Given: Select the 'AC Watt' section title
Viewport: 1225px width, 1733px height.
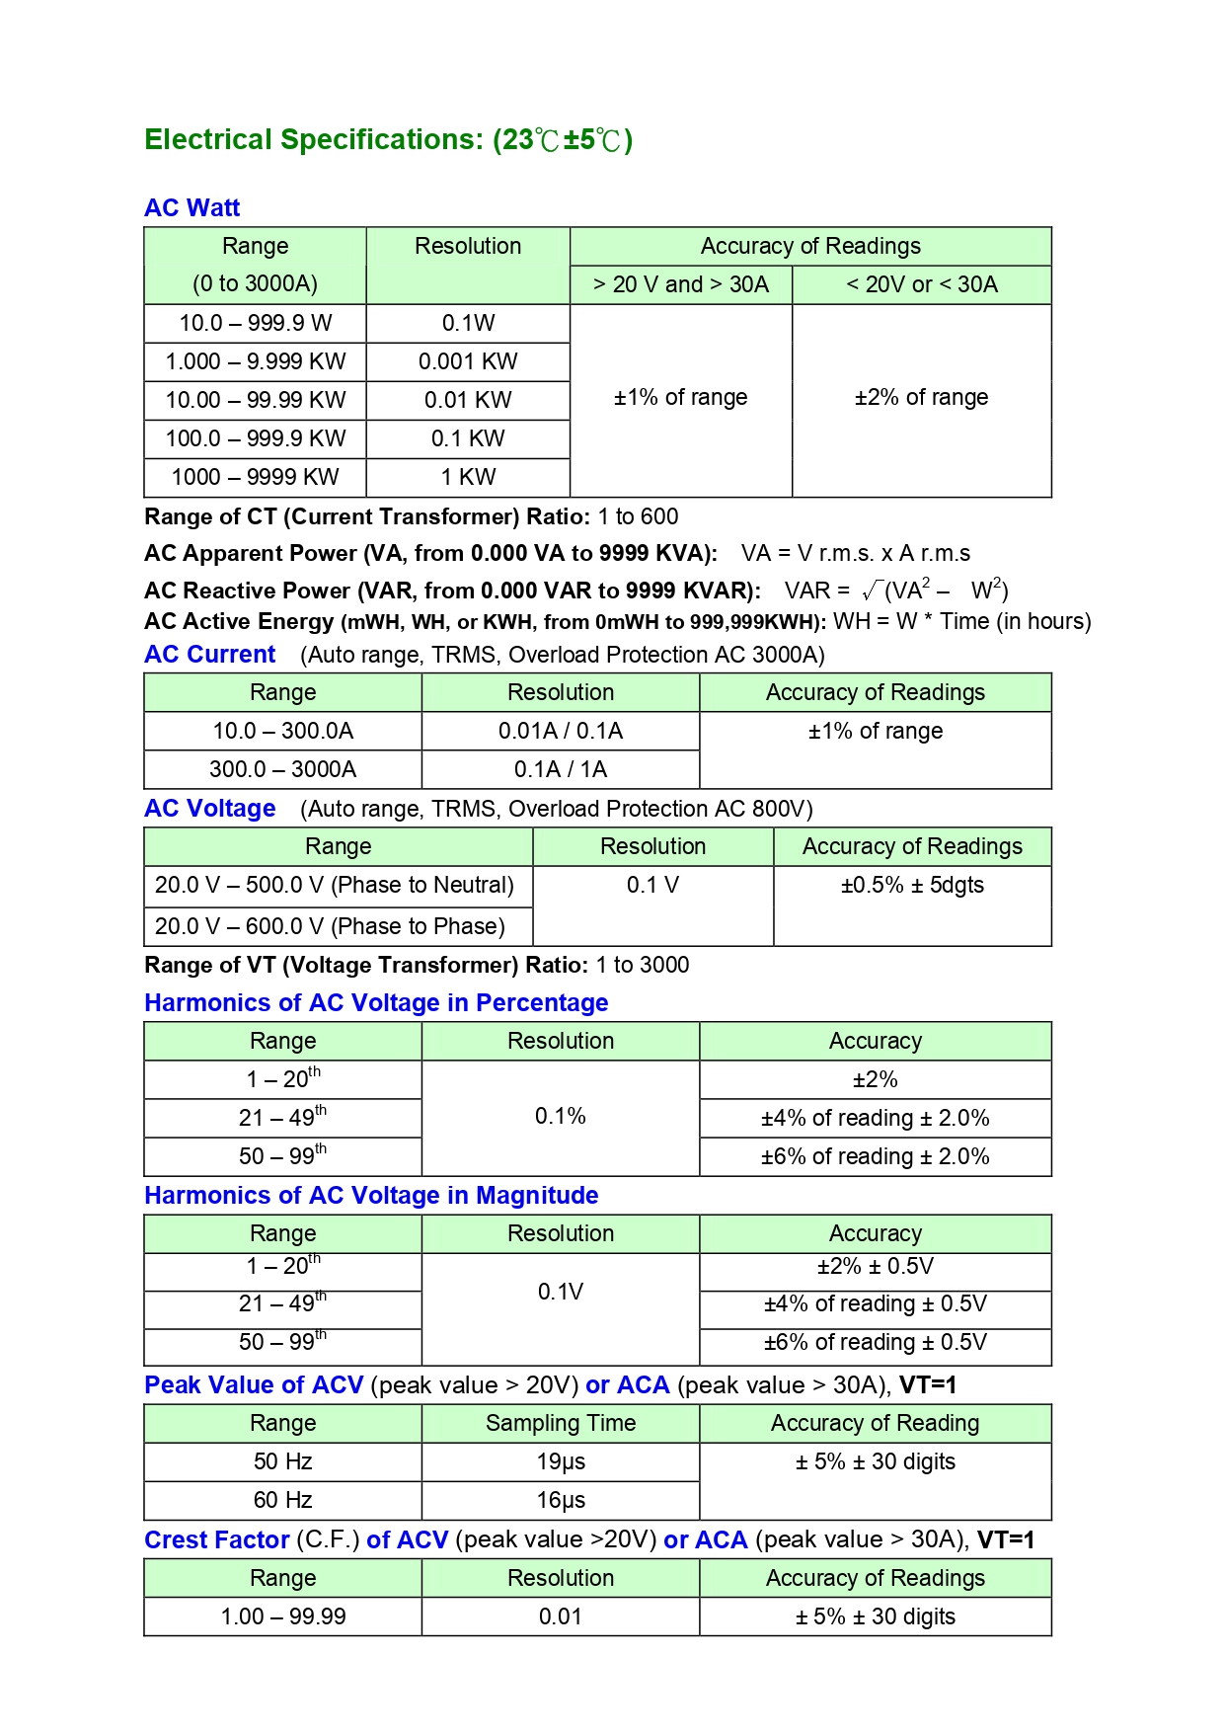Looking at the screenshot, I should click(192, 208).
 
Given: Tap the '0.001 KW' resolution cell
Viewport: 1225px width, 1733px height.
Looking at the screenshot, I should click(468, 361).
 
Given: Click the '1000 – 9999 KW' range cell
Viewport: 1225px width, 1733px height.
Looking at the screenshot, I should click(255, 477).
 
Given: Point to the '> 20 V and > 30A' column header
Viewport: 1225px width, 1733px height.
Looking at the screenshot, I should click(680, 284).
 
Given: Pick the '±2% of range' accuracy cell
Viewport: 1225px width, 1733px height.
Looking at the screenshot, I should click(921, 398).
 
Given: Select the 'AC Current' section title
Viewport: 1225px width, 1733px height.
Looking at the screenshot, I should click(210, 655).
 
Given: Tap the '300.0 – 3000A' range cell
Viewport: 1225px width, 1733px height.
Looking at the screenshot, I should click(282, 769).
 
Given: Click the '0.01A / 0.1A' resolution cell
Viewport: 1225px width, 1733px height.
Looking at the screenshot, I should click(560, 731).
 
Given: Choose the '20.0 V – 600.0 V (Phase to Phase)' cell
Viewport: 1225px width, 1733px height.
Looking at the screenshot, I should click(330, 926).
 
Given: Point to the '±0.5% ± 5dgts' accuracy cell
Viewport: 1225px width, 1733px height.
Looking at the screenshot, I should click(912, 885).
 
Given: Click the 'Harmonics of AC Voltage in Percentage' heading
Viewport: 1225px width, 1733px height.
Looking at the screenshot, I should click(376, 1003).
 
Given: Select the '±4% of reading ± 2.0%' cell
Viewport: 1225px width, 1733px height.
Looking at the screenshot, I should click(875, 1118).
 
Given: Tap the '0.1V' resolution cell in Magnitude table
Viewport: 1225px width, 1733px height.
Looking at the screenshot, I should click(560, 1292).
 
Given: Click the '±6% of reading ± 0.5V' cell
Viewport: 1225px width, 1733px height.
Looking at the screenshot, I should click(875, 1343).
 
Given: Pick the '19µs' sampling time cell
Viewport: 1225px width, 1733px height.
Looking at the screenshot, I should click(560, 1461).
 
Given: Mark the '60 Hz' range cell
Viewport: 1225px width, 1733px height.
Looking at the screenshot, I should click(282, 1500).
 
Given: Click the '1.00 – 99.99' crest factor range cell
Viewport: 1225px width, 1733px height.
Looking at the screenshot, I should click(282, 1616).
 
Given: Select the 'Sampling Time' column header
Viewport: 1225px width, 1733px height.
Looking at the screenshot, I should click(560, 1423).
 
